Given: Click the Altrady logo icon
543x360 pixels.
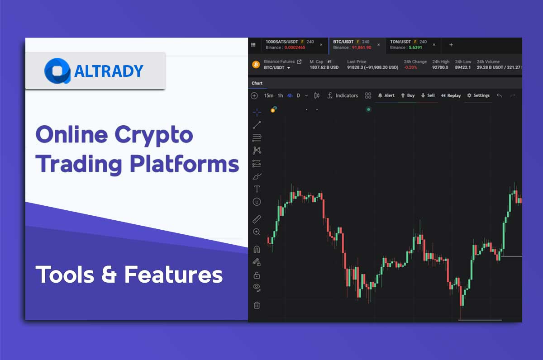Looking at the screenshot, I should coord(57,71).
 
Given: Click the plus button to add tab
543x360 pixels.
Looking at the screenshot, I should coord(451,45).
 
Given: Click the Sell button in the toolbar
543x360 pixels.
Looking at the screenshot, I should coord(428,95).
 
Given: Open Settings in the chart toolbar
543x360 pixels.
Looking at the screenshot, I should coord(478,95).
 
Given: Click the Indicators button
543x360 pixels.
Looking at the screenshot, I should coord(343,95).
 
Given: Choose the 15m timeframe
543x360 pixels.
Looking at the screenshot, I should coord(269,95).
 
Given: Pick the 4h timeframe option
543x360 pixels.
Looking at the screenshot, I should coord(290,95).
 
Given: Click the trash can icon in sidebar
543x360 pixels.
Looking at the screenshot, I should coord(257,305).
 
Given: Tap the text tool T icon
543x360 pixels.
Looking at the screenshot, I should coord(257,189).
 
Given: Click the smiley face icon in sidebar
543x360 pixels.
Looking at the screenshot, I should coord(257,202).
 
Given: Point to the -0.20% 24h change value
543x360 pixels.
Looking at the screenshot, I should coord(410,67).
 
